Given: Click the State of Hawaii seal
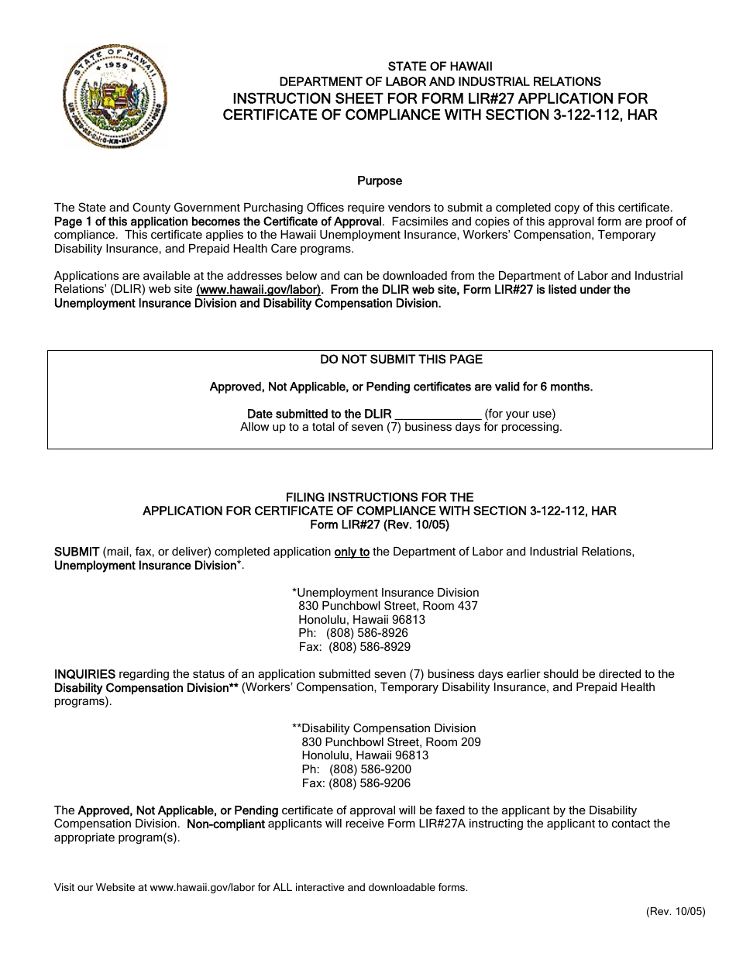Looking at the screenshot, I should pyautogui.click(x=115, y=96).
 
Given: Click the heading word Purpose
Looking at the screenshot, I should pyautogui.click(x=380, y=181).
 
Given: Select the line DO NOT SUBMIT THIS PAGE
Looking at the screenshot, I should pyautogui.click(x=401, y=360).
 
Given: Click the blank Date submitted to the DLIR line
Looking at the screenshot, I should pyautogui.click(x=439, y=415).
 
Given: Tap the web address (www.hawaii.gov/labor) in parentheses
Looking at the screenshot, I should pyautogui.click(x=259, y=290).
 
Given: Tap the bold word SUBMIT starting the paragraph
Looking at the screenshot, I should pyautogui.click(x=76, y=552).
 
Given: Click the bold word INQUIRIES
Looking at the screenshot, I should pyautogui.click(x=84, y=674).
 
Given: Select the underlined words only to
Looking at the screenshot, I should pyautogui.click(x=352, y=552).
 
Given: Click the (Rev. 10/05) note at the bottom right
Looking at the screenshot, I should pyautogui.click(x=675, y=912).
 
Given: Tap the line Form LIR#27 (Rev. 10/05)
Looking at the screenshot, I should pyautogui.click(x=380, y=525).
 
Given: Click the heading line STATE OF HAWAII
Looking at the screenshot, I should pyautogui.click(x=439, y=67).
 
